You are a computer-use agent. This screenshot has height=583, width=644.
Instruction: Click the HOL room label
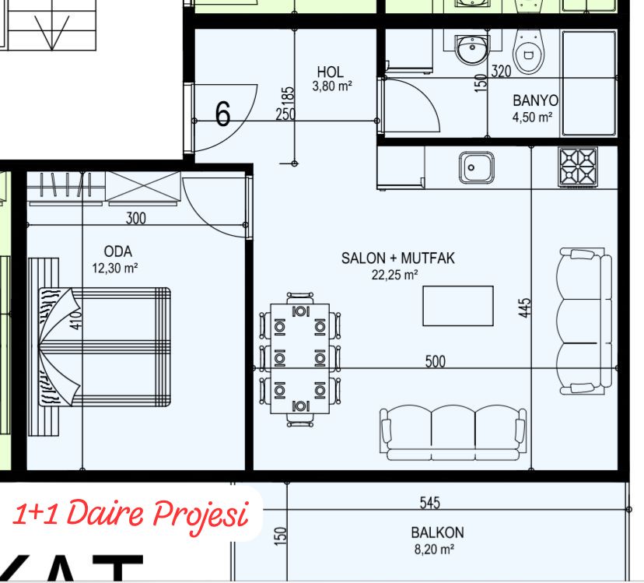coord(330,72)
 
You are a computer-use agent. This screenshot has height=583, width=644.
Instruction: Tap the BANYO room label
coord(535,100)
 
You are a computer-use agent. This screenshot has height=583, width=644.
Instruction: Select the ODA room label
coord(118,251)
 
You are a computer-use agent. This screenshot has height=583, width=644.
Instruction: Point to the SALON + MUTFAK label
coord(398,258)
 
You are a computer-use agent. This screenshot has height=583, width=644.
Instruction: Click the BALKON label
coord(437,532)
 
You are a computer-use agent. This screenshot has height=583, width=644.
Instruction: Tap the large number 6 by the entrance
coord(223,113)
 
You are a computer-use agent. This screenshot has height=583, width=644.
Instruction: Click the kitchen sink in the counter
coord(477,167)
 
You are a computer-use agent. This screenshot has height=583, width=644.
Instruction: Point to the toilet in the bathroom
coord(529,52)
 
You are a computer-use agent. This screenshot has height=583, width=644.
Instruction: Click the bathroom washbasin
coord(472,49)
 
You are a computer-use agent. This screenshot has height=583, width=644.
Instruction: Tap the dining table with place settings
coord(299,359)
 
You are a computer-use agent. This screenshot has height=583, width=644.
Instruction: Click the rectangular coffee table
coord(458,306)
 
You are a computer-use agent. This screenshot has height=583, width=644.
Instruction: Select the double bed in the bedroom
coord(104,347)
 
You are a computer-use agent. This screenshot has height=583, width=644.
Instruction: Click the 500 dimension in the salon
coord(435,361)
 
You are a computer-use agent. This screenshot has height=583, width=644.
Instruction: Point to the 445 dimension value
coord(525,307)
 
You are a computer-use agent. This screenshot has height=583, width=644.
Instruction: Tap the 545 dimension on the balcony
coord(429,502)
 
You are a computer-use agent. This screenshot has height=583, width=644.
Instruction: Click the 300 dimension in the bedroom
coord(135,218)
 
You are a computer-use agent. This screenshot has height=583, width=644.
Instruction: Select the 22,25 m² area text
coord(394,275)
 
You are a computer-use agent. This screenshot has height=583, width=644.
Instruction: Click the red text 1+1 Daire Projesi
coord(131,515)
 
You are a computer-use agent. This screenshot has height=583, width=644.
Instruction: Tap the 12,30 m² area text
coord(114,268)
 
